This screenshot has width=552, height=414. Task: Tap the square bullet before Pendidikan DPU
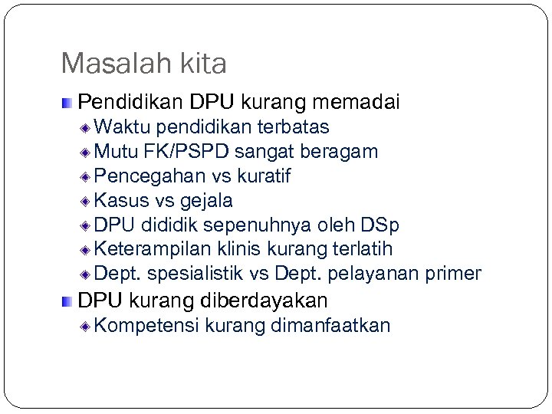(68, 102)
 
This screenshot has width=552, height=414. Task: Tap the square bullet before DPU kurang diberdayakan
(68, 300)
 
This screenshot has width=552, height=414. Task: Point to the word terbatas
(295, 127)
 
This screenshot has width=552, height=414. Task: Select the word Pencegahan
(140, 176)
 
